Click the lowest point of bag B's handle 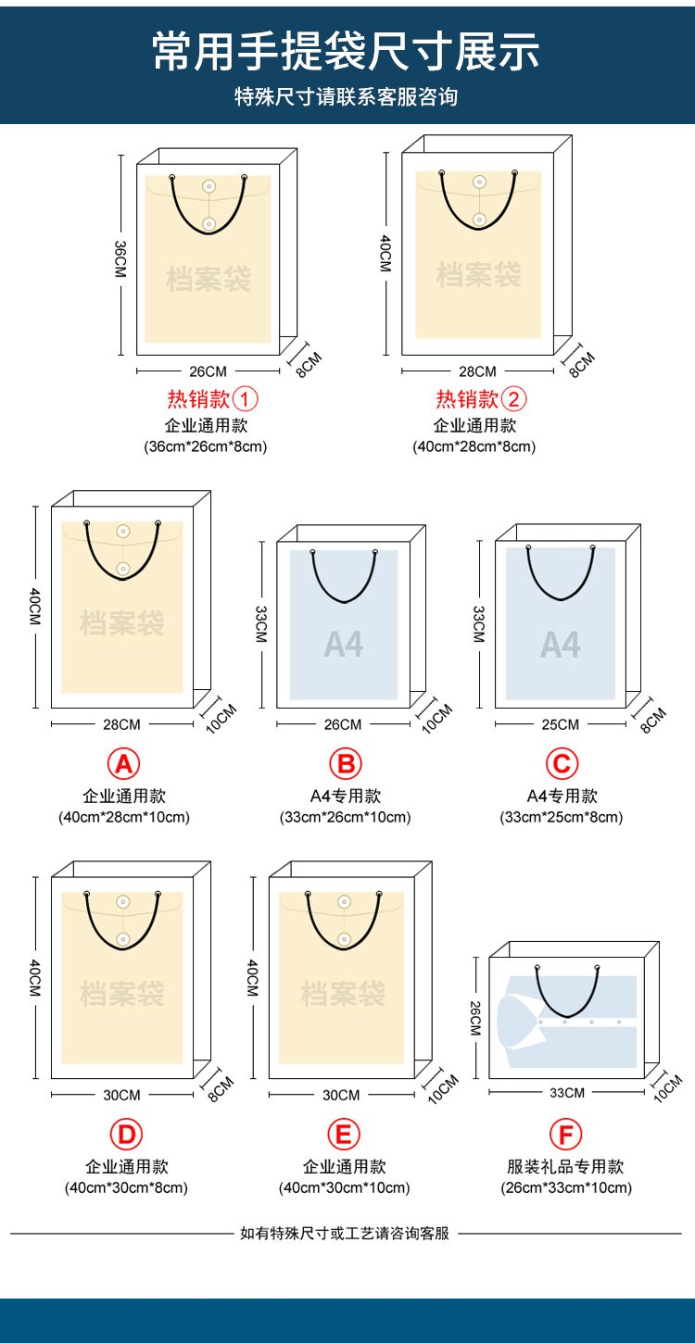(344, 601)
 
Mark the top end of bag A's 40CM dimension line (35, 507)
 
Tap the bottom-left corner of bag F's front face (489, 1079)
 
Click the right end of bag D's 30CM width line (193, 1095)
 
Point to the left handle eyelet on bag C (528, 547)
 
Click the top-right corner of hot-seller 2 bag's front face (553, 153)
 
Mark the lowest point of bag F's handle (567, 1017)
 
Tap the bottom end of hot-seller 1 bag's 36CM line (120, 355)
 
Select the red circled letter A (123, 764)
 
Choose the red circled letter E (344, 1135)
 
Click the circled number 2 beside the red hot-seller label (514, 398)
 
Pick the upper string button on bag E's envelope (344, 901)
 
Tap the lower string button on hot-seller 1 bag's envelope (208, 223)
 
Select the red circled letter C (562, 764)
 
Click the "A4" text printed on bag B (344, 645)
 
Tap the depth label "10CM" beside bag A (221, 718)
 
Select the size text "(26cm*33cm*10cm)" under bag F (566, 1187)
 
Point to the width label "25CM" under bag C (560, 724)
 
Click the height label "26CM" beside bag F (475, 1018)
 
